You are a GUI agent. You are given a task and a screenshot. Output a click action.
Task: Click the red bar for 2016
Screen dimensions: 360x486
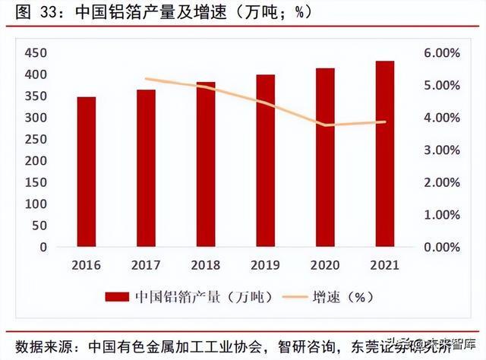[x=86, y=172]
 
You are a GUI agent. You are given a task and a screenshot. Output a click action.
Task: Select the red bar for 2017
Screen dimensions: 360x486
[x=146, y=168]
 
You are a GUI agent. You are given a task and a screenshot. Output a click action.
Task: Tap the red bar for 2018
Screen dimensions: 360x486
[x=206, y=164]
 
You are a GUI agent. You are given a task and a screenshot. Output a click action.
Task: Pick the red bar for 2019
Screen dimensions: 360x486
[x=265, y=160]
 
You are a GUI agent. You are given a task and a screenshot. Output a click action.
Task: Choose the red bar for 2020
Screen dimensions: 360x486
[x=325, y=157]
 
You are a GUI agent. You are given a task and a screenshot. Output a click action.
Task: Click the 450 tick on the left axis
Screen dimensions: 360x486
[x=36, y=53]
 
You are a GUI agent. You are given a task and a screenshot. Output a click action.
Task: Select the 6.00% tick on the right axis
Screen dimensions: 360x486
[x=441, y=53]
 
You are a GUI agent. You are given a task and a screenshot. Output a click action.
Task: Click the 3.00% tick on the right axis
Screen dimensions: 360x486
[x=441, y=150]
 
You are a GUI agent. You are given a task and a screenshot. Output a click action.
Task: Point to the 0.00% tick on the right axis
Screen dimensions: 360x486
[x=441, y=248]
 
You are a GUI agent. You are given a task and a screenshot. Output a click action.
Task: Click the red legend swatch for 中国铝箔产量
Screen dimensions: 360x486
[x=116, y=297]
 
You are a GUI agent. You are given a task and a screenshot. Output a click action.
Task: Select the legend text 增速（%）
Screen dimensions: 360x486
[x=339, y=297]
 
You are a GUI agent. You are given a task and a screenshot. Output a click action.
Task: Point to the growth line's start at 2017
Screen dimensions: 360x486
[x=146, y=79]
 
